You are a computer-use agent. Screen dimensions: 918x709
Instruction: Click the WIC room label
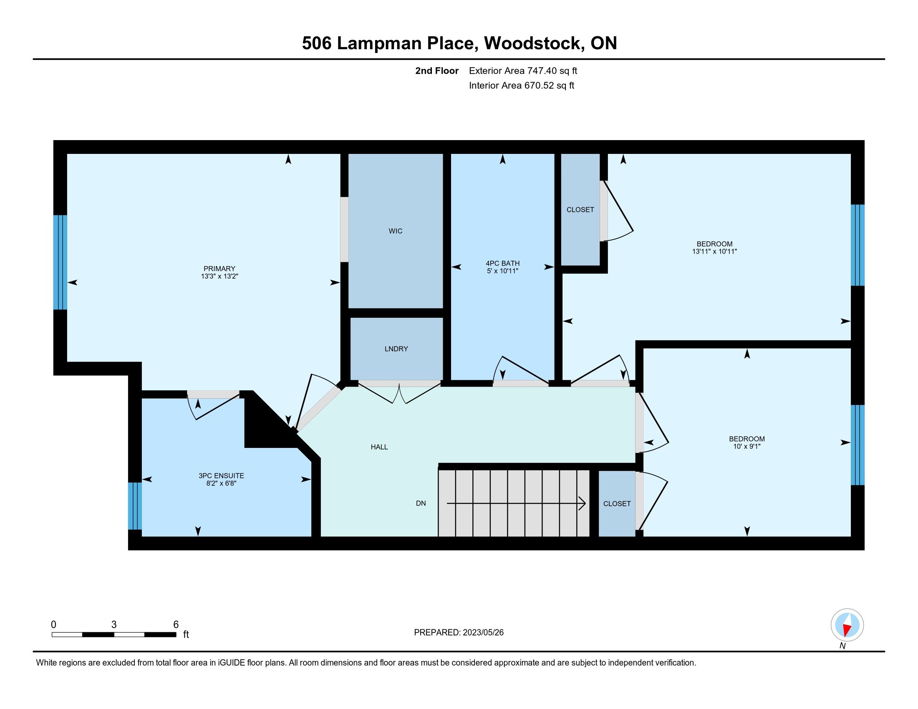[x=396, y=231]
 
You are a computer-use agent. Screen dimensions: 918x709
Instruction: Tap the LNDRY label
[x=396, y=349]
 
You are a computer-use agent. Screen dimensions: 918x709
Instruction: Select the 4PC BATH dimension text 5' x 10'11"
[x=503, y=271]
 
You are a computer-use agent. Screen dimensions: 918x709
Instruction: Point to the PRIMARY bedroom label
[x=219, y=269]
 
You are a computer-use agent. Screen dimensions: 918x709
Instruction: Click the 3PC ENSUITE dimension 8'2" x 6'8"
[x=221, y=483]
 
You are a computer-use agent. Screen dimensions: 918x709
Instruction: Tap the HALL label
[x=379, y=447]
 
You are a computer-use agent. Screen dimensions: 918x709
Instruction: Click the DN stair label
[x=421, y=503]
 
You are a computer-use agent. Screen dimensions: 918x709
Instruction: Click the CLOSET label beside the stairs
[x=617, y=504]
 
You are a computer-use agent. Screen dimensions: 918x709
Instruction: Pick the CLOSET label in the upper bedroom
[x=580, y=210]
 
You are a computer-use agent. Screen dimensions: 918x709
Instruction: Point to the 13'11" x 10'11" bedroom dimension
[x=714, y=251]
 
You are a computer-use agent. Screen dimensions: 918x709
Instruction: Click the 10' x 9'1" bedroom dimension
[x=747, y=447]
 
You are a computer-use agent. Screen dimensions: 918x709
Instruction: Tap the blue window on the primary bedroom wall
[x=60, y=262]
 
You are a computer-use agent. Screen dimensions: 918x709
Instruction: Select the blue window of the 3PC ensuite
[x=135, y=506]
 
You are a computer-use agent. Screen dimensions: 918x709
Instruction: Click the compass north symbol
[x=847, y=626]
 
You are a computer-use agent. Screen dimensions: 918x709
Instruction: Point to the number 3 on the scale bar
[x=114, y=625]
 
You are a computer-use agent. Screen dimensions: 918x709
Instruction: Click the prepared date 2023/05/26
[x=483, y=633]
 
